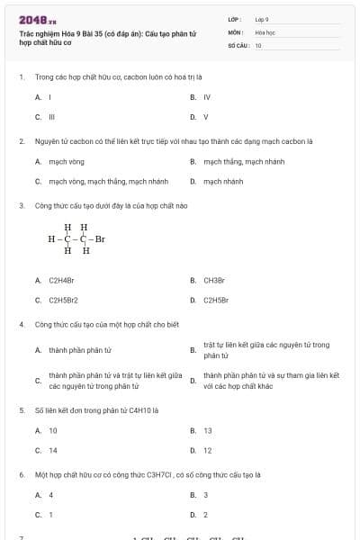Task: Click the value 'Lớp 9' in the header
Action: pos(262,19)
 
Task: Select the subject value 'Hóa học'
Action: pos(265,31)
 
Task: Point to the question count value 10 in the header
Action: pos(258,45)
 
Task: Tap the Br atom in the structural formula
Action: pos(99,239)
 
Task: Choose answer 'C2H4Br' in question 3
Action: pos(61,280)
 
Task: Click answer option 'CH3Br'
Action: pos(213,280)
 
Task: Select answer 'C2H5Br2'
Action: pos(63,300)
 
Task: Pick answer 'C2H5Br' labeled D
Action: pos(215,300)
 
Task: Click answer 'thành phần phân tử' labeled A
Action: pos(80,349)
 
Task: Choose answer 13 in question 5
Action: pos(208,430)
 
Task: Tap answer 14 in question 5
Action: pos(53,450)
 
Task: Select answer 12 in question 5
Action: pos(208,450)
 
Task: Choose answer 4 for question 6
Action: pos(51,494)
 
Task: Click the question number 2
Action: pos(21,141)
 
